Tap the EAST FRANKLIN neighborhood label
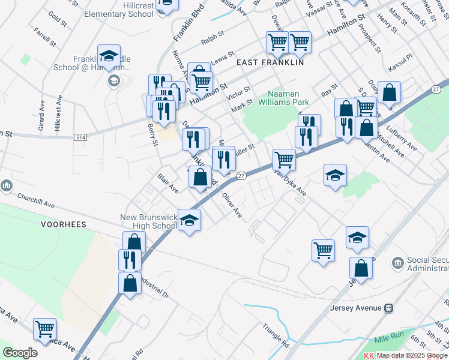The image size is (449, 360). point(270,62)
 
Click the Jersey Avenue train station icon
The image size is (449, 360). point(389,308)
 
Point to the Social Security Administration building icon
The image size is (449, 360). point(397,263)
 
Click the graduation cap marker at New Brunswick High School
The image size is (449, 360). point(189,221)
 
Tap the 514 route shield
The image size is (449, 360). point(79,137)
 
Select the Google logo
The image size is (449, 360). point(20,352)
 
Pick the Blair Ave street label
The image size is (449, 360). point(168,183)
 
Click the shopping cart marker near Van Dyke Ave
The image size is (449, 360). point(283,160)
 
